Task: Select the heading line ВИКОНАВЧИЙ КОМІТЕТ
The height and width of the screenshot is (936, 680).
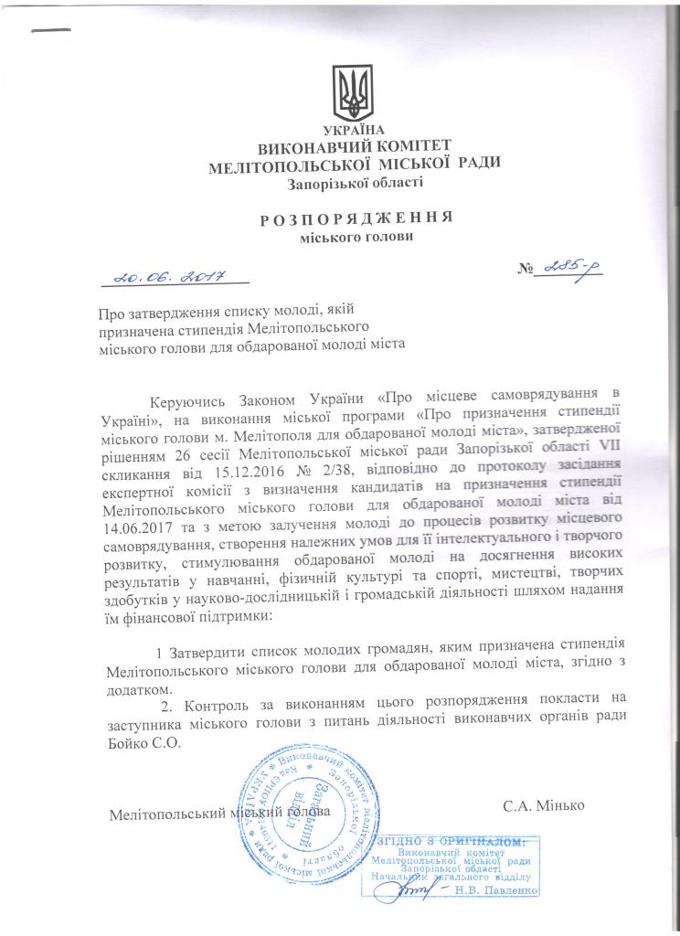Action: coord(349,148)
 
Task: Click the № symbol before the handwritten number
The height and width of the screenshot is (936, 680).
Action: coord(526,269)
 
